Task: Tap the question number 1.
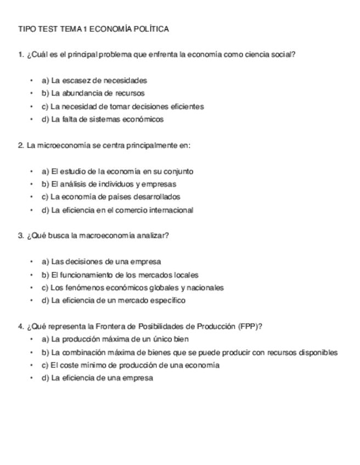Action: click(x=20, y=54)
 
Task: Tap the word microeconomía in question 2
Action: click(x=61, y=145)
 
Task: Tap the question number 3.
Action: click(x=20, y=236)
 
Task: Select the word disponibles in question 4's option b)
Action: click(x=318, y=353)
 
